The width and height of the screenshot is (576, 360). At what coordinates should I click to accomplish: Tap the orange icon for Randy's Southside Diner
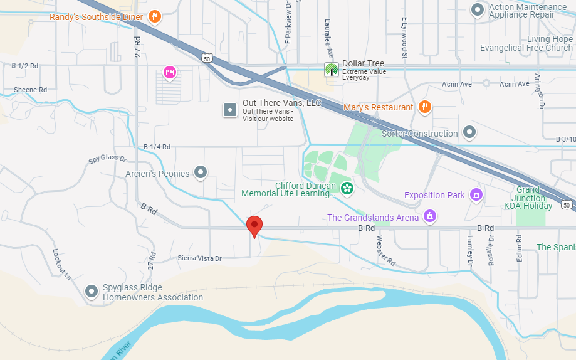click(154, 17)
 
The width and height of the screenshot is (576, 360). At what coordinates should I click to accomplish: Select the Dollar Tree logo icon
click(331, 69)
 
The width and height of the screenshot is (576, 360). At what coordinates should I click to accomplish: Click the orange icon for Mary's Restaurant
click(424, 107)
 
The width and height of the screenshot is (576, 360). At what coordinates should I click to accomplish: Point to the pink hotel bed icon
click(169, 72)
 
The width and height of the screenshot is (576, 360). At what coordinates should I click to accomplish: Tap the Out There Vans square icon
click(230, 110)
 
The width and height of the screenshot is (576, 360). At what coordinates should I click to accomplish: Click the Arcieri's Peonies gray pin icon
click(201, 172)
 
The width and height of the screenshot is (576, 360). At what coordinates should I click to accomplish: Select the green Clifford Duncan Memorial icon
click(347, 187)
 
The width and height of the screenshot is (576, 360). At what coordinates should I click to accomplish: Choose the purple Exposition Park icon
click(476, 195)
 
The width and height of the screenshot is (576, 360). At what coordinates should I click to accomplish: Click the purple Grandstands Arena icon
click(430, 217)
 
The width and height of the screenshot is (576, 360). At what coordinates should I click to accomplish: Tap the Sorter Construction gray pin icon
click(469, 132)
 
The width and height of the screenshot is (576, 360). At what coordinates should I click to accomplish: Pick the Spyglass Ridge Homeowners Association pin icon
click(92, 291)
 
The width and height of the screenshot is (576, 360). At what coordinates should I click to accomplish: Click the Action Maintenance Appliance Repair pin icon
click(478, 9)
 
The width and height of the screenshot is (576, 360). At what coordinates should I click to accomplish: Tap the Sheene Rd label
click(30, 90)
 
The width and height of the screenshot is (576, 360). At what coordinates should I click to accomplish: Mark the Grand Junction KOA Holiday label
click(528, 198)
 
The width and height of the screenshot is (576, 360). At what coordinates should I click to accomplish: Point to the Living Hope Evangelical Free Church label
click(526, 43)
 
